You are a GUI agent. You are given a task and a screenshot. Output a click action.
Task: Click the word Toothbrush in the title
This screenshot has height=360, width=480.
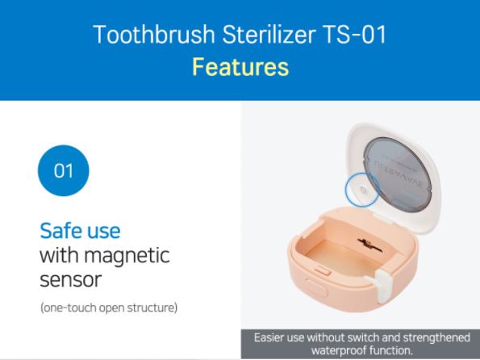tap(154, 35)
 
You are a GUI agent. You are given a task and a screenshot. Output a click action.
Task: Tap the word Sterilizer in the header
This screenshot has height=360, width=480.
tap(269, 35)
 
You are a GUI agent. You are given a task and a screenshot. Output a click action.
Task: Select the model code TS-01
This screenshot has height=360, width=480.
tap(354, 35)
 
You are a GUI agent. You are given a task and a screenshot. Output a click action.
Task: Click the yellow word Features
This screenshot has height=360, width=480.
tap(240, 67)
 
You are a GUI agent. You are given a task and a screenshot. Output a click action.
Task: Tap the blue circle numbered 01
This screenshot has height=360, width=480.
tap(64, 170)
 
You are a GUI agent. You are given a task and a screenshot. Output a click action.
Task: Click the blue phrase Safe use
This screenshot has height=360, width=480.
tap(80, 230)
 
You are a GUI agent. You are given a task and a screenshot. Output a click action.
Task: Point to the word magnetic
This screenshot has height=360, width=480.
tap(127, 256)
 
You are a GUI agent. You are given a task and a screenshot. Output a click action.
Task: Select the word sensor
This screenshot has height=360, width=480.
tap(71, 280)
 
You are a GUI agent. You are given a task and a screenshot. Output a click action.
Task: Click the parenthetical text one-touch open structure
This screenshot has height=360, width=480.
tap(109, 308)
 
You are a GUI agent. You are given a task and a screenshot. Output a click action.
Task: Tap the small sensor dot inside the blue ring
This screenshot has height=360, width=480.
tap(363, 190)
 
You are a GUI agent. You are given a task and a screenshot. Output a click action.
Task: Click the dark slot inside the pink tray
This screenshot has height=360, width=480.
tap(369, 245)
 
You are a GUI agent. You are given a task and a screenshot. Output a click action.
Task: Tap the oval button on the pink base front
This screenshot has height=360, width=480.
tap(316, 287)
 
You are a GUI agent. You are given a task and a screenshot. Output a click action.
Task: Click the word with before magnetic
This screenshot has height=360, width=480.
tap(60, 255)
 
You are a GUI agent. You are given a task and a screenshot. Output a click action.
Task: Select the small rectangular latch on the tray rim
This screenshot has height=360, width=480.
tap(323, 270)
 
